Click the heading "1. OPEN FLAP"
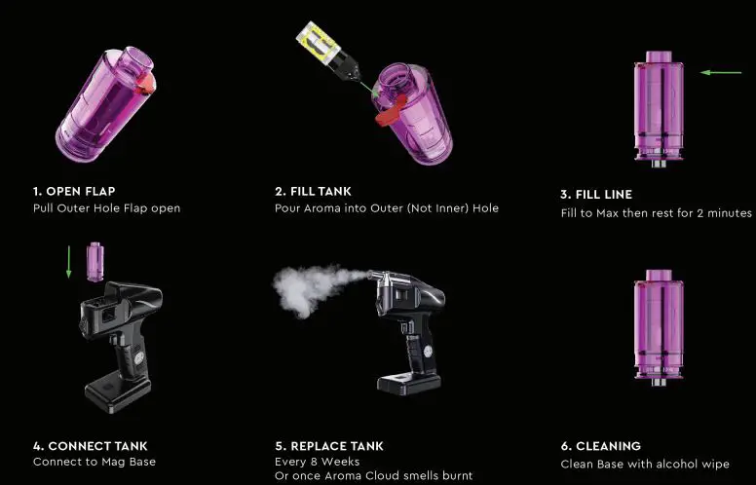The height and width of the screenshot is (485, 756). (x=73, y=191)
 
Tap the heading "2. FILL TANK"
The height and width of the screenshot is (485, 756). (x=313, y=192)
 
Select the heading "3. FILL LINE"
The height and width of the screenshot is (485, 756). (x=596, y=194)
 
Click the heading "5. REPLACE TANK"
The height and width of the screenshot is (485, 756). (x=328, y=446)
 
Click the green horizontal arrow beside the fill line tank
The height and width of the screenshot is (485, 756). (x=720, y=72)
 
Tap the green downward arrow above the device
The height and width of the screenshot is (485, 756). (x=68, y=262)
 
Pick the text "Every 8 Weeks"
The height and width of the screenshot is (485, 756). (x=317, y=462)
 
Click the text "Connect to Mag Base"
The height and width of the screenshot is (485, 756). (x=94, y=462)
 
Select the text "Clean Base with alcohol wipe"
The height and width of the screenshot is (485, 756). (x=645, y=464)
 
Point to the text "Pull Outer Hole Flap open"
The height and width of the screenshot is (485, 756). (x=106, y=207)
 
